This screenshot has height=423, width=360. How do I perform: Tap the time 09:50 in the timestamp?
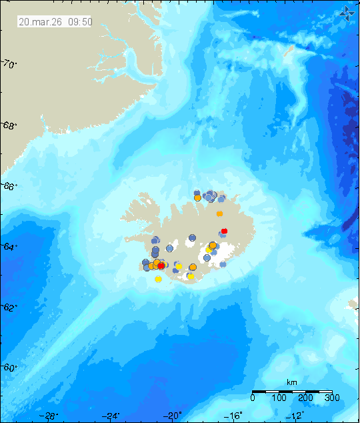79,21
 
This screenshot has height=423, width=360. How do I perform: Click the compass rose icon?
347,12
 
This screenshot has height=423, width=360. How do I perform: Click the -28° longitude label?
49,416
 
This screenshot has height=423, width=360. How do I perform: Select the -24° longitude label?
111,416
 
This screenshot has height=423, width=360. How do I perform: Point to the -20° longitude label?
173,416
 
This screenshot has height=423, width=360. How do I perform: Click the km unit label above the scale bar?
291,382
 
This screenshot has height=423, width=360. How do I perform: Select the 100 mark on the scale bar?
279,398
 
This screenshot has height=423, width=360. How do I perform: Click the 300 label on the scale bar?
332,398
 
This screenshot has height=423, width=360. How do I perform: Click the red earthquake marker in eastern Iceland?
224,231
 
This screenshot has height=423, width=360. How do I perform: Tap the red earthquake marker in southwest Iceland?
161,266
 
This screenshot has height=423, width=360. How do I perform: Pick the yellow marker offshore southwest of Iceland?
158,279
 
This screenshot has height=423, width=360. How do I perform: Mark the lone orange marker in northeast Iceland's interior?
219,214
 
